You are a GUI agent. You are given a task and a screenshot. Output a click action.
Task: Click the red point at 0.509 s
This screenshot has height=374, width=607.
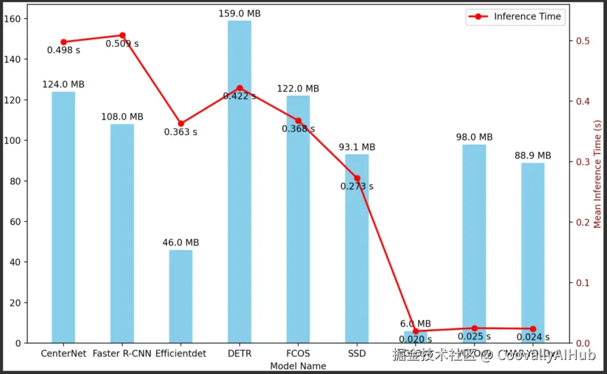123,35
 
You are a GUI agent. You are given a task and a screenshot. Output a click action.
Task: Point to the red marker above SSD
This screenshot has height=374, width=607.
357,178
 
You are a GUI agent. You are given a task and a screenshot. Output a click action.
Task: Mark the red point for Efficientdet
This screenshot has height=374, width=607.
181,124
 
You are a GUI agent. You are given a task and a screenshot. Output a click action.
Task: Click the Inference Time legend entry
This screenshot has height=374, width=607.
515,17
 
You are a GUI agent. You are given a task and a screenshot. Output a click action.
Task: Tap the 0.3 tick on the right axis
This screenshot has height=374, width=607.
583,162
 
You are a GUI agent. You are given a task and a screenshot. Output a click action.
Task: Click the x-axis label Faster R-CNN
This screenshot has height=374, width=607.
122,354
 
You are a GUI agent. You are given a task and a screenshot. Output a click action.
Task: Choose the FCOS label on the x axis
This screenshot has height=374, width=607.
298,354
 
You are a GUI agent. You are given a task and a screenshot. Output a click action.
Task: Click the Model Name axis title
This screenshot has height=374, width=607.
298,366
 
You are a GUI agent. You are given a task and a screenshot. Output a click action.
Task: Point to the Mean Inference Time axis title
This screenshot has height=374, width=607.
598,174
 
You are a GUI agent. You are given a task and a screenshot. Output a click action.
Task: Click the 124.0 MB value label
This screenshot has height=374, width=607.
64,84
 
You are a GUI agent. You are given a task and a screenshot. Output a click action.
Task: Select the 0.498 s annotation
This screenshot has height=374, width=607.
64,50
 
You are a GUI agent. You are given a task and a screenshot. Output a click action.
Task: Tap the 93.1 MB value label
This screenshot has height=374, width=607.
357,147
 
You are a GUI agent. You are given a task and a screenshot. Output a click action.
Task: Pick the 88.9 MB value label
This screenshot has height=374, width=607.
533,156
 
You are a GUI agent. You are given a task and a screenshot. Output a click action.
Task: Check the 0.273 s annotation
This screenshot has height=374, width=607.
357,187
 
